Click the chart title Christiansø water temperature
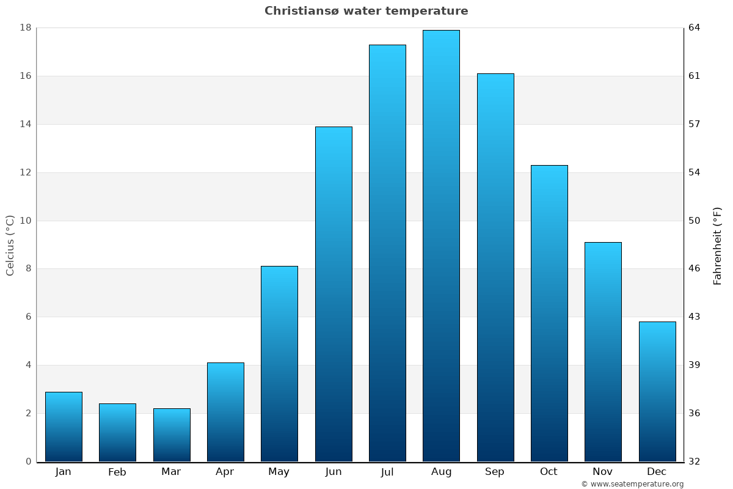366,11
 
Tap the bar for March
172,435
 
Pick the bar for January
64,427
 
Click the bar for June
334,294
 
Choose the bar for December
657,391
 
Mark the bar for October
549,313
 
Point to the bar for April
225,412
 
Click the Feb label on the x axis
117,472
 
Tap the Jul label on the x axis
387,472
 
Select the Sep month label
495,472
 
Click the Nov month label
603,472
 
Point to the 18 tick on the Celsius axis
26,28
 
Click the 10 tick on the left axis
26,221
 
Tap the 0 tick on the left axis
28,461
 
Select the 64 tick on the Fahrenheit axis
695,28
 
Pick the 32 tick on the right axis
695,461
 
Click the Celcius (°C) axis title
10,245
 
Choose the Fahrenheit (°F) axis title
718,245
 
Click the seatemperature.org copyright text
632,484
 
